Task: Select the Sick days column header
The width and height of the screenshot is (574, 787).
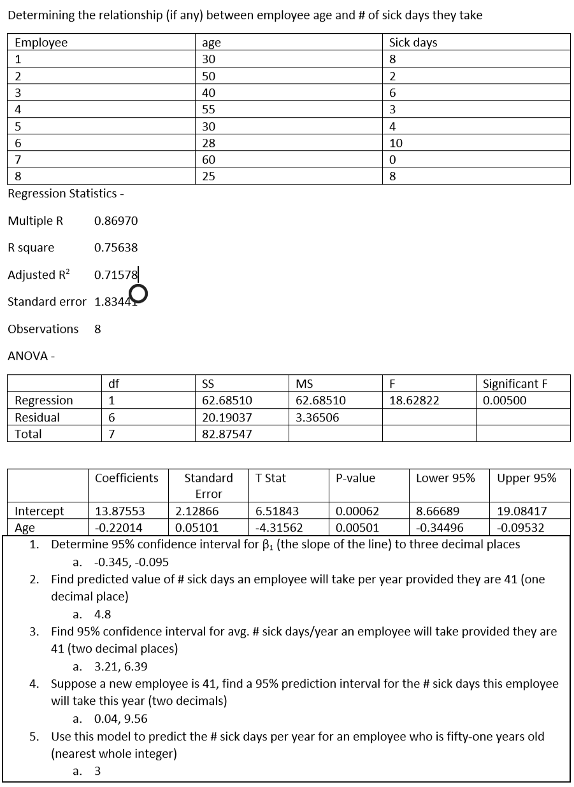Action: (413, 43)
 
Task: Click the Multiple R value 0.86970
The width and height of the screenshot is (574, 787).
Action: (115, 221)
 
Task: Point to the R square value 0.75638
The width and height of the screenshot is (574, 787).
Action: (115, 248)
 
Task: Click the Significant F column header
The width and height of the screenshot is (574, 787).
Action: (515, 383)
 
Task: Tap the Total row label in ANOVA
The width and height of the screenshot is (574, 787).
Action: (28, 434)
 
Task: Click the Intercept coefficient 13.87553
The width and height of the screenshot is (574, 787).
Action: (119, 511)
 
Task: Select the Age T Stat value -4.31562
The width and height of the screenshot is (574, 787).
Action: (278, 527)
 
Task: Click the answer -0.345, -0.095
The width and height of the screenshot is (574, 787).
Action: (131, 562)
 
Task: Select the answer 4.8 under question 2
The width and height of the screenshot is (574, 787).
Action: (103, 614)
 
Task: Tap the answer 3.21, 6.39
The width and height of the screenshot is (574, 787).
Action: (120, 667)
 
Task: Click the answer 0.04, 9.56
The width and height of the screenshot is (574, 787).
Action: (120, 719)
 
